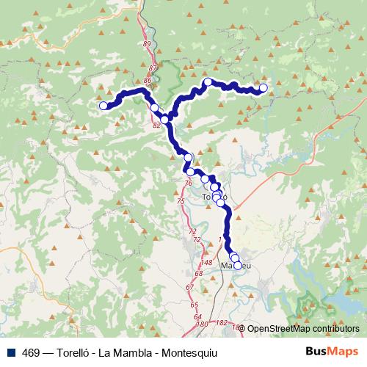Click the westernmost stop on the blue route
pos(103,106)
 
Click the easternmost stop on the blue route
pos(264,89)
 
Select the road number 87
pos(152,68)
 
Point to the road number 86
pos(148,80)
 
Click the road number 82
pos(156,125)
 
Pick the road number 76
pos(189,183)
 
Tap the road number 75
pos(181,200)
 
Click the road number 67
pos(189,286)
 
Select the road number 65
pos(195,304)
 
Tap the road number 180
pos(202,324)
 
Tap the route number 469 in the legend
pos(31,352)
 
